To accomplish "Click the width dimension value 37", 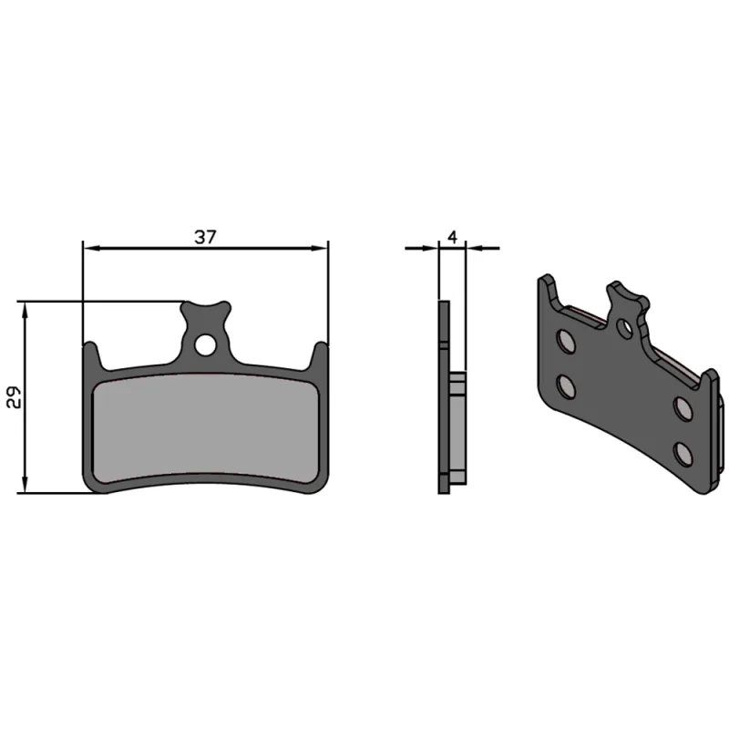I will coord(205,236).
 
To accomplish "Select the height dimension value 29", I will coord(13,397).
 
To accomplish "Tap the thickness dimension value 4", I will coord(452,236).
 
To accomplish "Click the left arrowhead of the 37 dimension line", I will coord(89,247).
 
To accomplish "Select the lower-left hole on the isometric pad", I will coord(567,386).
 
